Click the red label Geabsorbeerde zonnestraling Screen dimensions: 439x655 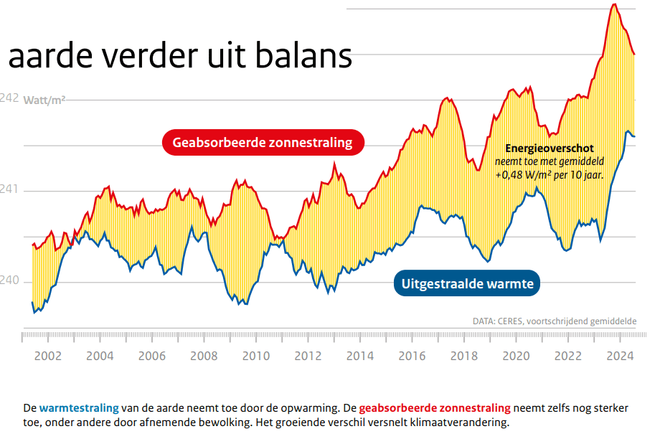coord(263,142)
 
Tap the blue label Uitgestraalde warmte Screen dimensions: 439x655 coord(466,284)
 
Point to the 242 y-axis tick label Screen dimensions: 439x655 coord(10,98)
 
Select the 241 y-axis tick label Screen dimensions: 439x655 coord(10,189)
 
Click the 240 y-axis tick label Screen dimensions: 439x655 coord(10,280)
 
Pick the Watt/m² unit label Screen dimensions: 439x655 coord(44,100)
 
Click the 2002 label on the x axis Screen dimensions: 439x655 coord(47,356)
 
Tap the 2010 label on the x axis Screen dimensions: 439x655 coord(256,356)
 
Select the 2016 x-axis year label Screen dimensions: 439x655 coord(413,356)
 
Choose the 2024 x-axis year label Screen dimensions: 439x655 coord(621,356)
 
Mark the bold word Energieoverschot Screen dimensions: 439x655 coord(550,148)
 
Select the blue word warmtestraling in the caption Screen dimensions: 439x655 coord(79,407)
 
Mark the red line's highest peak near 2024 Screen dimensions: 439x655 coord(614,5)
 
